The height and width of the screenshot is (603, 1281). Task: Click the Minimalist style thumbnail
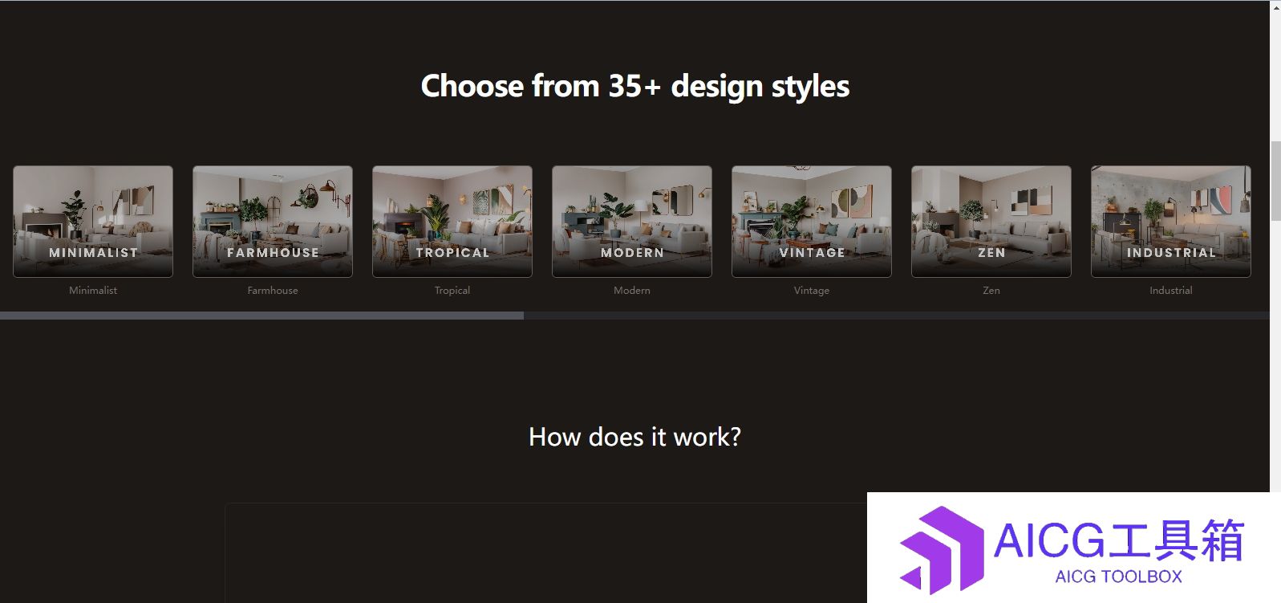pos(92,222)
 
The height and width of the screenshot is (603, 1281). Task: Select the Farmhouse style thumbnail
pos(272,222)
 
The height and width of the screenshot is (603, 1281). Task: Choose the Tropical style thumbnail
pos(452,222)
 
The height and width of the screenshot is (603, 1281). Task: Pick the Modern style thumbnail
pos(632,222)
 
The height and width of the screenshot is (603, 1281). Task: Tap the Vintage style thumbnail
pos(812,222)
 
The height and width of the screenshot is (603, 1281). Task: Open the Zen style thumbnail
pos(991,222)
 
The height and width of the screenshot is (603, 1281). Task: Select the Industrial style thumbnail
pos(1170,222)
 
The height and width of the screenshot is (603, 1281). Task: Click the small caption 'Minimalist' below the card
pos(92,291)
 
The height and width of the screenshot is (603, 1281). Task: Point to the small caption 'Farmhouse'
pos(272,291)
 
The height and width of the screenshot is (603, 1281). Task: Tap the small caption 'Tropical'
pos(452,291)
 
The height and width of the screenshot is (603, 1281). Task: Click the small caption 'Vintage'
pos(812,291)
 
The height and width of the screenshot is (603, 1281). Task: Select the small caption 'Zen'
pos(991,291)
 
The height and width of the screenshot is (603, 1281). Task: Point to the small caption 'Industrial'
pos(1170,291)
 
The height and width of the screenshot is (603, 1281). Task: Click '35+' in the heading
pos(634,86)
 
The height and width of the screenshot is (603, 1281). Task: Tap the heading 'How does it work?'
pos(634,437)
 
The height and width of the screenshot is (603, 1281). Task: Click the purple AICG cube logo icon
pos(942,549)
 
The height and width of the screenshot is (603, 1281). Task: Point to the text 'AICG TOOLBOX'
pos(1119,576)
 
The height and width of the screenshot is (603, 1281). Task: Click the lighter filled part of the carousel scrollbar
pos(261,316)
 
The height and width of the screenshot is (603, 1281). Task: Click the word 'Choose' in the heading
pos(472,86)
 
